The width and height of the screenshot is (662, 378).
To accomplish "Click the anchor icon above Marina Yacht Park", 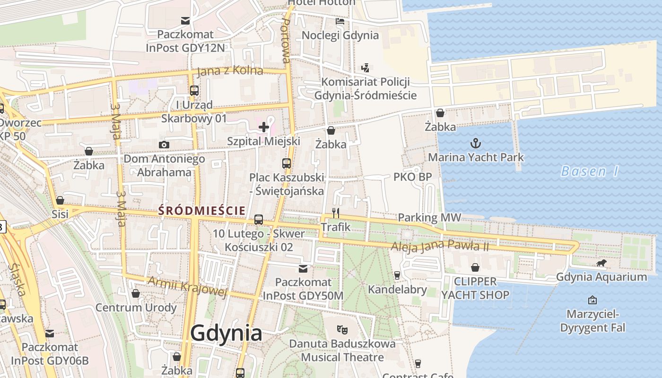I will click(475, 143).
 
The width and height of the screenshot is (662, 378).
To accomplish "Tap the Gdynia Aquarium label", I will click(601, 277).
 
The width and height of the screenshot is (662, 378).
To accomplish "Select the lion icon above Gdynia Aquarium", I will click(601, 263).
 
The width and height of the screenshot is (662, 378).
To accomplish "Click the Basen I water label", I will click(589, 171).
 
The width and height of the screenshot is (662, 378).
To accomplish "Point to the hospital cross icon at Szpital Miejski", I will click(264, 127).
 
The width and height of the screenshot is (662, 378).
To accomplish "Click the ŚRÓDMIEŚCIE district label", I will click(202, 211).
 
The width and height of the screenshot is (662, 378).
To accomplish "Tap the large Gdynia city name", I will click(226, 333).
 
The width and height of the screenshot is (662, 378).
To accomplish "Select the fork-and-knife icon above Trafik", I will click(336, 213).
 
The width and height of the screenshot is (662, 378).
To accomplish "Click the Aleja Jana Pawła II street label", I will click(439, 246).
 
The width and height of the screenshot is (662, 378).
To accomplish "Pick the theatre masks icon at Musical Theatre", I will click(342, 329).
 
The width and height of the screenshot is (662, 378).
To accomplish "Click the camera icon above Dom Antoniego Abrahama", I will click(164, 145).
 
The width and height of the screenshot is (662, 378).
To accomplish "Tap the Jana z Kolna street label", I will click(229, 71).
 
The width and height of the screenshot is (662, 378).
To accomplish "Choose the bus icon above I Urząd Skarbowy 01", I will click(194, 90).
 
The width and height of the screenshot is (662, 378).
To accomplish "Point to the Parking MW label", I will click(429, 217).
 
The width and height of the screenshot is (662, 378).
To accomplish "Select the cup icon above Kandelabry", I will click(397, 275).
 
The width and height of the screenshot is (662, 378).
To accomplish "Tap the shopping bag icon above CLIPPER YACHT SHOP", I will click(475, 267).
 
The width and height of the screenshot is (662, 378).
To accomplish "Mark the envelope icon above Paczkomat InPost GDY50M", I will click(303, 269).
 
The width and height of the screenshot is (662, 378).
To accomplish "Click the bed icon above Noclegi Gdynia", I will click(340, 21).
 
